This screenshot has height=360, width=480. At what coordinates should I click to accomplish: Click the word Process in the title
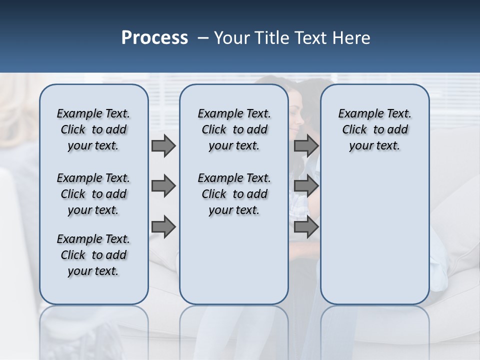pyautogui.click(x=154, y=38)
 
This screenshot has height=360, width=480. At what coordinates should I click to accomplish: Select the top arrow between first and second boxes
pyautogui.click(x=163, y=146)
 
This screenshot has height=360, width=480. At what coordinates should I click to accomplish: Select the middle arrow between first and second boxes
pyautogui.click(x=163, y=186)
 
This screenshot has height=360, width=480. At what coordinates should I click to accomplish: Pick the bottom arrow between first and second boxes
pyautogui.click(x=163, y=227)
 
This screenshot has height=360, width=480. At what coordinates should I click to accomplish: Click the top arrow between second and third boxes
pyautogui.click(x=306, y=146)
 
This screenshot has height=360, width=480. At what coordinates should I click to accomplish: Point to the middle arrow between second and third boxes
pyautogui.click(x=306, y=186)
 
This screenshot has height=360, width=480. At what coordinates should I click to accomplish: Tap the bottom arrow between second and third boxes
pyautogui.click(x=306, y=227)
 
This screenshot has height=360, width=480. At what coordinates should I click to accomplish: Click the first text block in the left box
pyautogui.click(x=93, y=129)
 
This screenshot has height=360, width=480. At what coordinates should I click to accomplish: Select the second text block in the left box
pyautogui.click(x=93, y=194)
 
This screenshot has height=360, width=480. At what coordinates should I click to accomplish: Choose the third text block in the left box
pyautogui.click(x=93, y=255)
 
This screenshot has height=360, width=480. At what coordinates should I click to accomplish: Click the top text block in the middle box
pyautogui.click(x=234, y=129)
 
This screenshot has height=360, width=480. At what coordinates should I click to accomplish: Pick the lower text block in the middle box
pyautogui.click(x=234, y=194)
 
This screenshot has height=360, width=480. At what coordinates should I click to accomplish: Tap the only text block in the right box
pyautogui.click(x=374, y=129)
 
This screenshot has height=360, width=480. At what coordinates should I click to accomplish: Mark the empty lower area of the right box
pyautogui.click(x=374, y=235)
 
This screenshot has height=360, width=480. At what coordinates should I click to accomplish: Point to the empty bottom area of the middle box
pyautogui.click(x=234, y=265)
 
